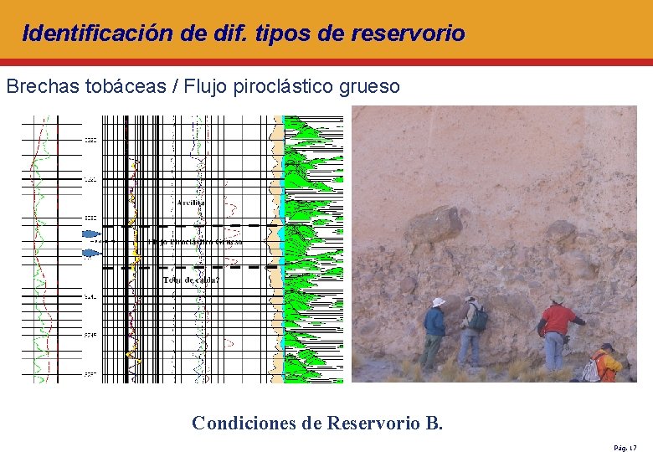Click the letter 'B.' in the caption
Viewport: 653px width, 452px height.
point(433,423)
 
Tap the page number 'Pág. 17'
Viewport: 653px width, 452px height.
point(626,448)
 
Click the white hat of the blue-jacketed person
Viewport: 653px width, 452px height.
point(438,302)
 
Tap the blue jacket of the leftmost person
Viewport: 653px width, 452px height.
point(434,322)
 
